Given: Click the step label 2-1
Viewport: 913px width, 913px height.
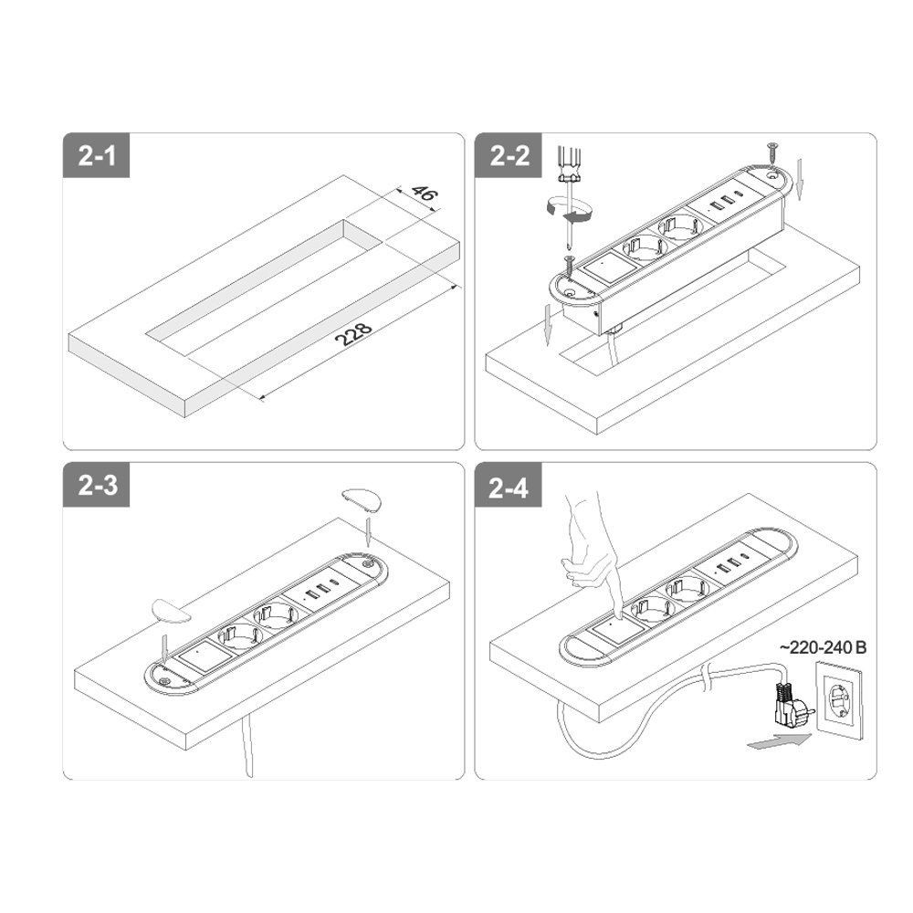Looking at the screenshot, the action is (x=97, y=156).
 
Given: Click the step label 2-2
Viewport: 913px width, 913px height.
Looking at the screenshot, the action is (x=509, y=156).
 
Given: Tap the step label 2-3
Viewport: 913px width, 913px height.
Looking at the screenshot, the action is (x=98, y=485).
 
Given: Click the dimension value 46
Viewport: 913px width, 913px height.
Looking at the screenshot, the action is (x=424, y=192).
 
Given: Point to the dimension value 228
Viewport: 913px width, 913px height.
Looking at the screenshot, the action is (x=354, y=334).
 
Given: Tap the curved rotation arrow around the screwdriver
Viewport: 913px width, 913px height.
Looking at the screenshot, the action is (x=568, y=210).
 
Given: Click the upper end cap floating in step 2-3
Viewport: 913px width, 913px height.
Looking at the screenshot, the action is (x=362, y=499).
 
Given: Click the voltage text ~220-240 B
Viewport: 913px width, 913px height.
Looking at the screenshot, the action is (x=824, y=647).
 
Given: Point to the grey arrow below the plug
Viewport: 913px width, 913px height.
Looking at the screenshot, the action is (x=779, y=741).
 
